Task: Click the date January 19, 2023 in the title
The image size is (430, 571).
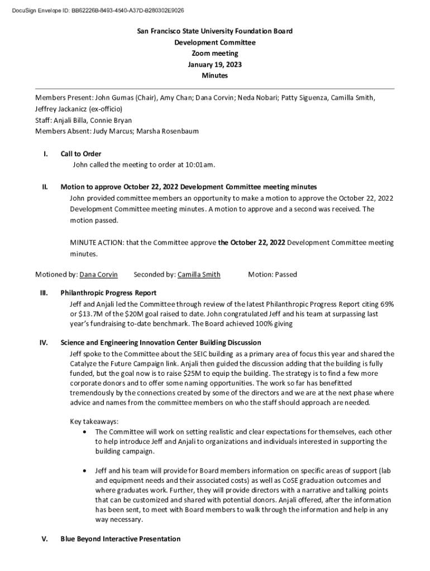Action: tap(214, 65)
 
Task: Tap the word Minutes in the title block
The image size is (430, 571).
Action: tap(214, 76)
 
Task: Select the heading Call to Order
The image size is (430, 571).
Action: tap(80, 154)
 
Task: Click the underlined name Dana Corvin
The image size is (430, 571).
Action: tap(99, 274)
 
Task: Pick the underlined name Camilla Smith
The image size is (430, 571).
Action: tap(199, 274)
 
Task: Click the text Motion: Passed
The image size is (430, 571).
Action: tap(273, 274)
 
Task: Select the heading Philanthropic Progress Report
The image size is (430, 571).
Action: tap(108, 293)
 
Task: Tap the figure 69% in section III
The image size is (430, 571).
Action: tap(387, 304)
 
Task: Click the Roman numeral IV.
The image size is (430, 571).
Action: tap(43, 342)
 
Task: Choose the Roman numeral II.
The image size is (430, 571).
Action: tap(44, 187)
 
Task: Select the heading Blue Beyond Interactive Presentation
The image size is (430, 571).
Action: tap(120, 539)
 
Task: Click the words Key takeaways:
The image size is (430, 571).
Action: tap(94, 422)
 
